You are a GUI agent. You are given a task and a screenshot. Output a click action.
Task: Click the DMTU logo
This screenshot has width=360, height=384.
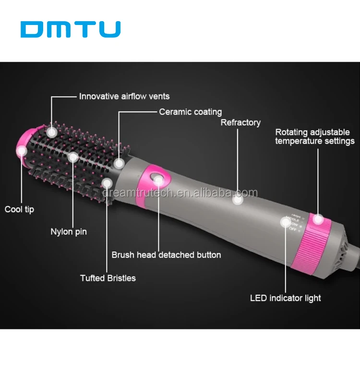click(71, 29)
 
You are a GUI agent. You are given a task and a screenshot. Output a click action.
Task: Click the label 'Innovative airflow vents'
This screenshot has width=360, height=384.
click(124, 96)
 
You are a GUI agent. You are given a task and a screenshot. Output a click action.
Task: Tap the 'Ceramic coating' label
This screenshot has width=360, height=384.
click(190, 112)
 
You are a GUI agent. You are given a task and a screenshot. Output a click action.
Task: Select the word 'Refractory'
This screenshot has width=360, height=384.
click(240, 122)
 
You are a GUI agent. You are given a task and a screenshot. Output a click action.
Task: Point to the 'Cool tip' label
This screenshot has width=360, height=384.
click(19, 209)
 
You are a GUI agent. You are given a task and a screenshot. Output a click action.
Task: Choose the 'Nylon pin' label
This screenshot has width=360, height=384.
click(69, 232)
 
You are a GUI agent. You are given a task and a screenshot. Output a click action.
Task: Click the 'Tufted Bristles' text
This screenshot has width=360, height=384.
click(108, 278)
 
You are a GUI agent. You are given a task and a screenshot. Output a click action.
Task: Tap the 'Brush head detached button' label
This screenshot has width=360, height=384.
click(166, 255)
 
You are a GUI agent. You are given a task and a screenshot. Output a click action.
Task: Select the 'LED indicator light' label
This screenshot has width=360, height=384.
click(286, 298)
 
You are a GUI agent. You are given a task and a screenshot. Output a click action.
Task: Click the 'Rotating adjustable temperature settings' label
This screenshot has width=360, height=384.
click(315, 136)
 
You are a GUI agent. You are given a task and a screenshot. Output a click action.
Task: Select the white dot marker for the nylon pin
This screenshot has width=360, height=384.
click(73, 156)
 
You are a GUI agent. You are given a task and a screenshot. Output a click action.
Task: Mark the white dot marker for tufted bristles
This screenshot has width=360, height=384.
click(108, 183)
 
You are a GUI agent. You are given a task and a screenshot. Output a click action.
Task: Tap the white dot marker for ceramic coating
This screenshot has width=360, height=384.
click(119, 163)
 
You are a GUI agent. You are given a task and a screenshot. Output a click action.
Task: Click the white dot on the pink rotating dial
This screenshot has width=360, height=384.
click(317, 219)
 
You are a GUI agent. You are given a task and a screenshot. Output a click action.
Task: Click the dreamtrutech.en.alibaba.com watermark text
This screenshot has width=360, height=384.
click(180, 193)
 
